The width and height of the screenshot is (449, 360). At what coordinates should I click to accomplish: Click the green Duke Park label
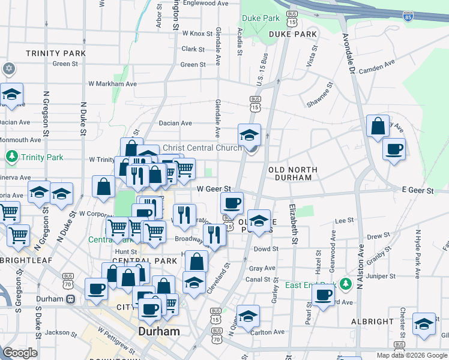260,19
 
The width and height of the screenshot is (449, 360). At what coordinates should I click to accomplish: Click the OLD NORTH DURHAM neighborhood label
293,174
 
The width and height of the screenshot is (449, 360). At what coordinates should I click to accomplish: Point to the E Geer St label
417,190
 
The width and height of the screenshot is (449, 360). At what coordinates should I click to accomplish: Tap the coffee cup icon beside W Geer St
232,203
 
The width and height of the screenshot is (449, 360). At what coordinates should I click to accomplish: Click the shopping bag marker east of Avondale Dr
378,127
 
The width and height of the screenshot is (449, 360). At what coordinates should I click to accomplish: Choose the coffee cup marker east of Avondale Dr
394,149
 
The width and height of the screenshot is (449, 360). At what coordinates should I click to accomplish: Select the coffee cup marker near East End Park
323,295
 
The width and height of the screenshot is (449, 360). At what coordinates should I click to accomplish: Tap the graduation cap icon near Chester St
424,324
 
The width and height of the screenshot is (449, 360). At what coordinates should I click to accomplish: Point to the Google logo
20,353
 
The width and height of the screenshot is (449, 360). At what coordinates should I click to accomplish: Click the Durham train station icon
70,299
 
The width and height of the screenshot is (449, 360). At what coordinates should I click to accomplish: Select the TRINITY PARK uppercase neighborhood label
56,53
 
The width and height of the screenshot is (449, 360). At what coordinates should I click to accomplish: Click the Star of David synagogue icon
9,68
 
